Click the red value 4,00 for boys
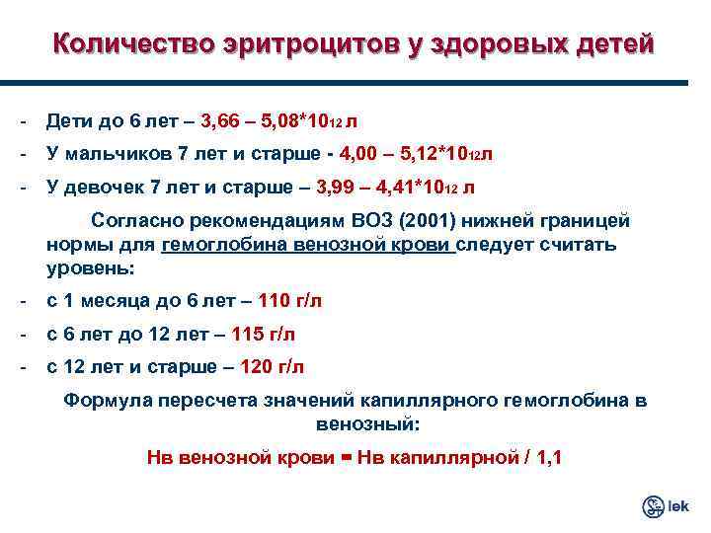tap(358, 154)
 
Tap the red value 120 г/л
tap(273, 367)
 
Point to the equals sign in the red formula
tap(345, 456)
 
